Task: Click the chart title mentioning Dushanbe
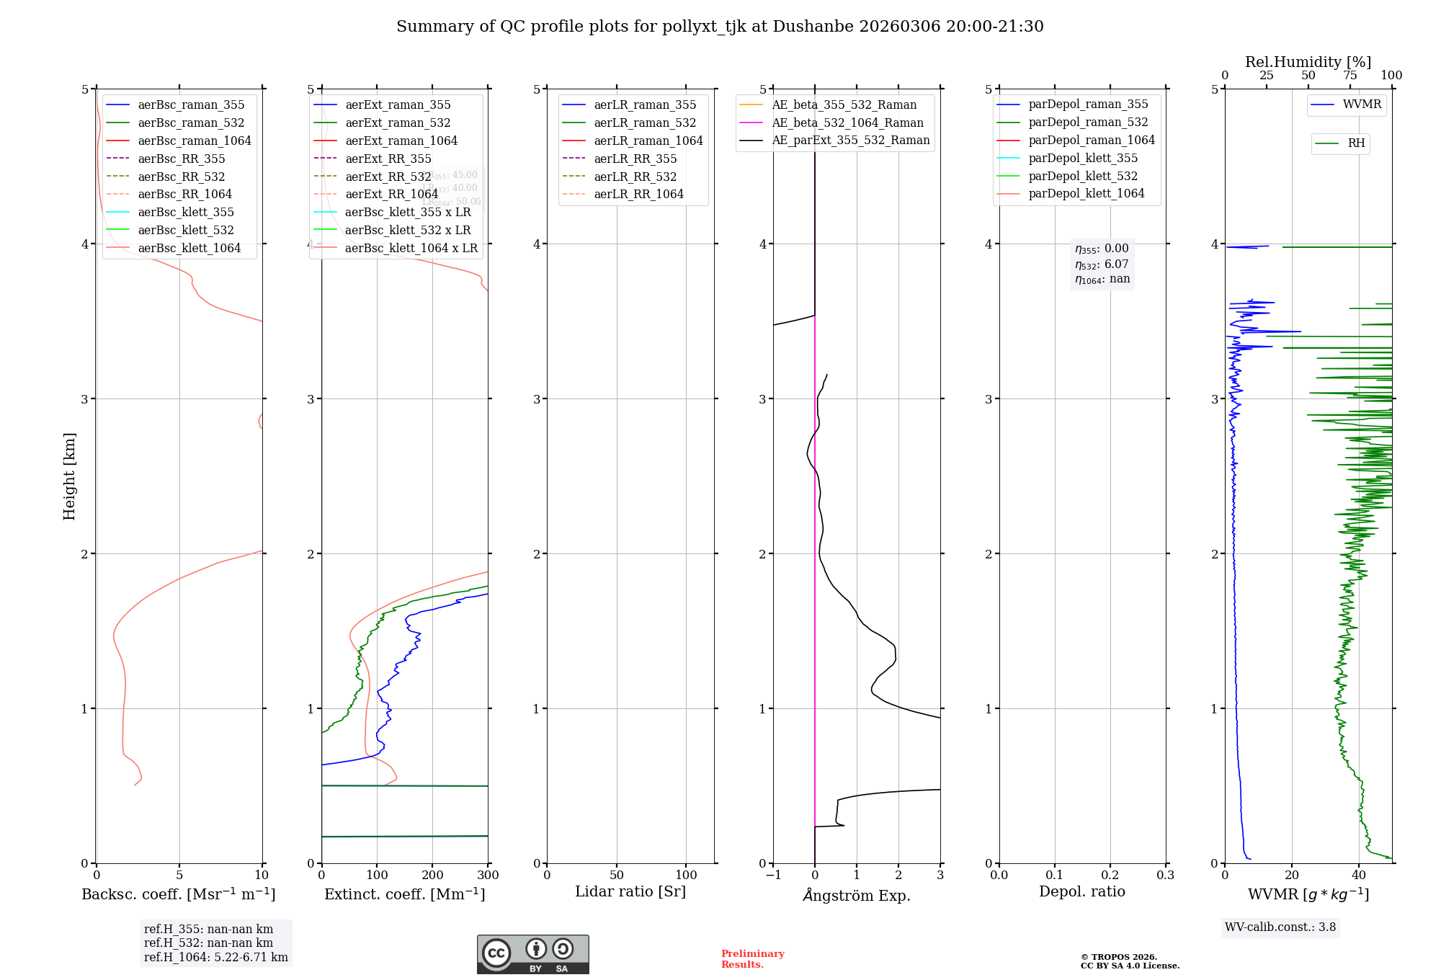[720, 27]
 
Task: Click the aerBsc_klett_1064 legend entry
[189, 248]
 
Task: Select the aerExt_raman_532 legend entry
[398, 122]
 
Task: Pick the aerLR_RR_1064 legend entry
[638, 194]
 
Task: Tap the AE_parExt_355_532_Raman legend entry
[850, 140]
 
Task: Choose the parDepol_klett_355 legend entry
[1083, 158]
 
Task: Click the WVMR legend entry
[1362, 104]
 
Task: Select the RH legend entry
[1356, 143]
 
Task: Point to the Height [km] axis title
[69, 476]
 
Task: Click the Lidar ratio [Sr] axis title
[630, 891]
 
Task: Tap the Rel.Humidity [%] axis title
[1308, 62]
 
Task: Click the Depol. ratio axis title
[1081, 891]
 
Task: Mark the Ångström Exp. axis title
[856, 895]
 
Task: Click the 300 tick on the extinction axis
[488, 875]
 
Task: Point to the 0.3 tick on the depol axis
[1165, 875]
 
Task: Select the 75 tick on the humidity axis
[1349, 76]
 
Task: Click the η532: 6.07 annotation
[1102, 264]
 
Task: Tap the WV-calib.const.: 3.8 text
[1280, 927]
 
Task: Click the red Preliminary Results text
[752, 958]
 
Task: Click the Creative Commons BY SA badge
[532, 954]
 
